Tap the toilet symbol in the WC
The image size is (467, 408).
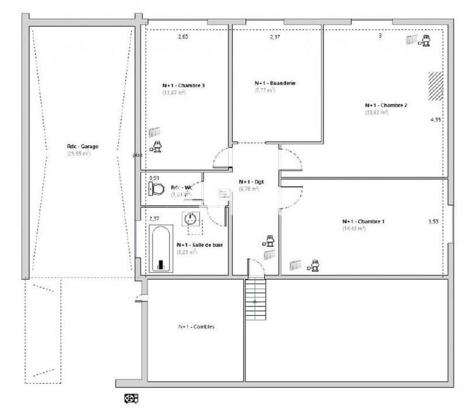(156, 188)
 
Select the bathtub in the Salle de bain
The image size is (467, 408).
(161, 250)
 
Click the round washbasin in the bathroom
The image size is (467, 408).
(190, 219)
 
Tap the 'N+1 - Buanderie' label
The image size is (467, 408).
(275, 83)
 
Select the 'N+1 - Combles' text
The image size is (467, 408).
(196, 327)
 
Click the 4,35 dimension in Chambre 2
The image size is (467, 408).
(435, 120)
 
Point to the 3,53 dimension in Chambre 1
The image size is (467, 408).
(434, 222)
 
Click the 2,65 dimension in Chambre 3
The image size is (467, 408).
(183, 37)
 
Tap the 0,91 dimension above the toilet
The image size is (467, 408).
(154, 177)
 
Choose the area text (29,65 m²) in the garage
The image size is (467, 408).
(78, 154)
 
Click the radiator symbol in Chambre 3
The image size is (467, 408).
(155, 132)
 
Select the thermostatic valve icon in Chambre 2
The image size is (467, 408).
(425, 40)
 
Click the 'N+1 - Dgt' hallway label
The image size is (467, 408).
(252, 182)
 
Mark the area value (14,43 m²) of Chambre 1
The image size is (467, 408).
(354, 229)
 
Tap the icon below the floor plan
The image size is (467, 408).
(130, 399)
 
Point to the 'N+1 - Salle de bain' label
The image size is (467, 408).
(199, 245)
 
